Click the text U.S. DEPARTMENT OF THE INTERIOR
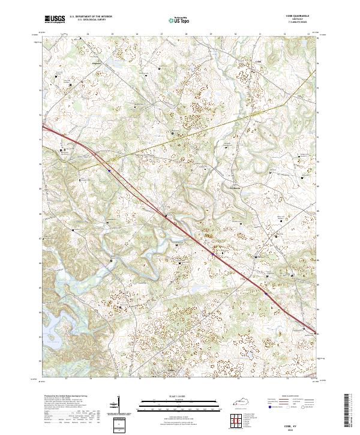[x=90, y=17]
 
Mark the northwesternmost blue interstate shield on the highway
[x=109, y=170]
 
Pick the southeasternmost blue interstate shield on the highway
[x=266, y=293]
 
